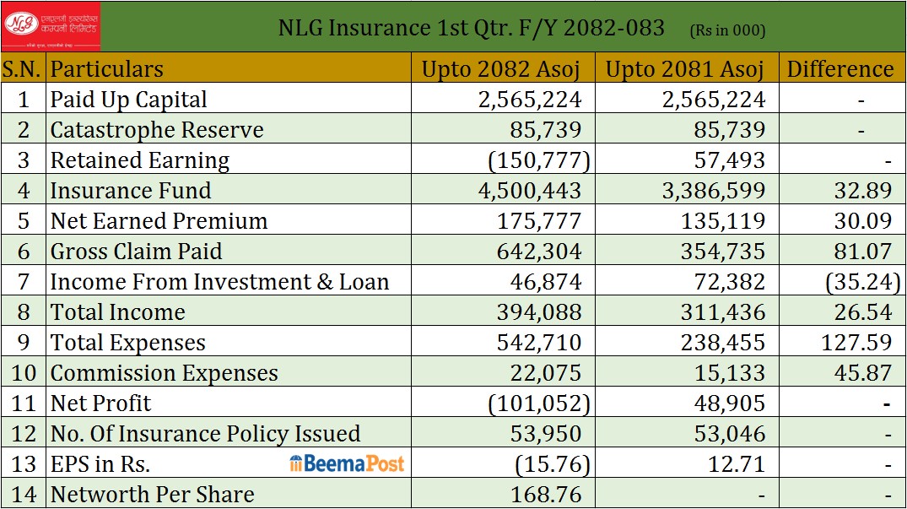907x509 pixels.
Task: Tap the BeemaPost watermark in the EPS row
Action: click(x=347, y=463)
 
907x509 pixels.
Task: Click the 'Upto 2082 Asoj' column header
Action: click(x=503, y=69)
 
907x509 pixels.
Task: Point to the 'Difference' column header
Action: click(x=840, y=69)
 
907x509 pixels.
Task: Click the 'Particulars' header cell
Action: click(x=107, y=69)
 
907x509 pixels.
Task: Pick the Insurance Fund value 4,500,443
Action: click(x=530, y=191)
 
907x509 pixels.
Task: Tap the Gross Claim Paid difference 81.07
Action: click(x=862, y=252)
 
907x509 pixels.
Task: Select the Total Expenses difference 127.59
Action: click(x=856, y=343)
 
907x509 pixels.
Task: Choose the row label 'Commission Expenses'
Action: click(x=165, y=373)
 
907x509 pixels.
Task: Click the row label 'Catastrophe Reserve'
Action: click(x=157, y=130)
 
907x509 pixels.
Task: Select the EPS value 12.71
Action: click(x=733, y=464)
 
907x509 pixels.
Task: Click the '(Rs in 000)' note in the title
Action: click(x=727, y=30)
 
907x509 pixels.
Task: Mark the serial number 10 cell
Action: click(x=24, y=373)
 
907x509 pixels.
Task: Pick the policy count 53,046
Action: click(x=725, y=434)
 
